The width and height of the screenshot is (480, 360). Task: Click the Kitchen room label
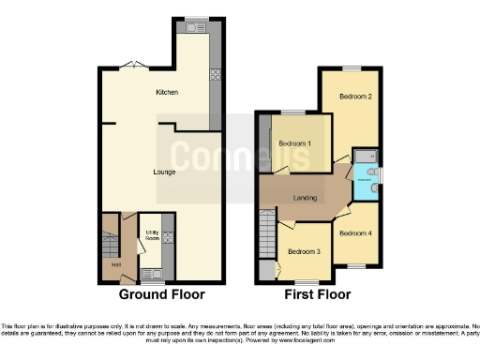coord(167,92)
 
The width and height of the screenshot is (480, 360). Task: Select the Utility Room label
coord(151,235)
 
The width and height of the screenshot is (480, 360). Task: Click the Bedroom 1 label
coord(295,142)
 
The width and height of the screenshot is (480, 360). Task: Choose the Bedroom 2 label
coord(355,97)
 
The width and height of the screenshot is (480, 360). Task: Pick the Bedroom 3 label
coord(304,251)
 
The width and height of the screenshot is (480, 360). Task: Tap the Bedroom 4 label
coord(355,232)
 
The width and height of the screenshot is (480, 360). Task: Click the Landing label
coord(306,196)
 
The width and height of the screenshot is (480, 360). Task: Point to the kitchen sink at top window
coord(195,28)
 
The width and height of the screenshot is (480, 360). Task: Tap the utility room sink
coord(149,273)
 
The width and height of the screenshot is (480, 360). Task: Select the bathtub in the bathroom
coord(364,156)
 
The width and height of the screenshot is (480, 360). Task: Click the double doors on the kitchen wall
coord(136,65)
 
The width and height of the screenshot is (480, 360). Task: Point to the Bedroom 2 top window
coord(350,69)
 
